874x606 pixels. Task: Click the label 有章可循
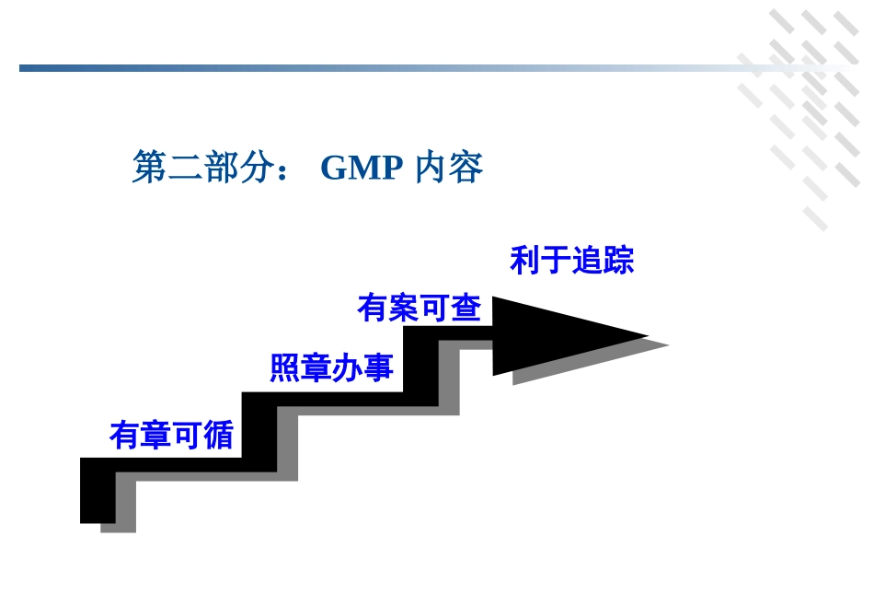(171, 435)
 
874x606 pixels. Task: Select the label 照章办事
(331, 367)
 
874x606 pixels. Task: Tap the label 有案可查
(419, 308)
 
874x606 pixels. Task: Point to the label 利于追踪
(571, 261)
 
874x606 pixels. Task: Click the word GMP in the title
(362, 168)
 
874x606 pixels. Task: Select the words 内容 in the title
(449, 168)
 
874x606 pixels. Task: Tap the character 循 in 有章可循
(218, 435)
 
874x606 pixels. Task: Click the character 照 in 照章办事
(285, 367)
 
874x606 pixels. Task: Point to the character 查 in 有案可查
(466, 308)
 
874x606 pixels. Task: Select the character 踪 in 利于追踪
(618, 261)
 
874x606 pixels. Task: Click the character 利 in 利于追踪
(525, 261)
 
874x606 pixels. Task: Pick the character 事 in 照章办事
(378, 367)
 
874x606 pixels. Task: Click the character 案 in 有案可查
(403, 308)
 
